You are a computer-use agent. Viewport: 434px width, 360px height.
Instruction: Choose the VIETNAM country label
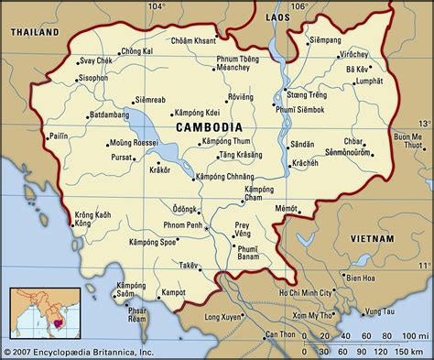[x=372, y=238]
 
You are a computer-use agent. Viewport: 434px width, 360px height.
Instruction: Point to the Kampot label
[x=174, y=292]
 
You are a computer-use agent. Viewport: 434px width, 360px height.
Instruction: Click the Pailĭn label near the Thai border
[x=33, y=136]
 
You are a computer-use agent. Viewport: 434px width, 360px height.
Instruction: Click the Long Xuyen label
[x=225, y=317]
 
